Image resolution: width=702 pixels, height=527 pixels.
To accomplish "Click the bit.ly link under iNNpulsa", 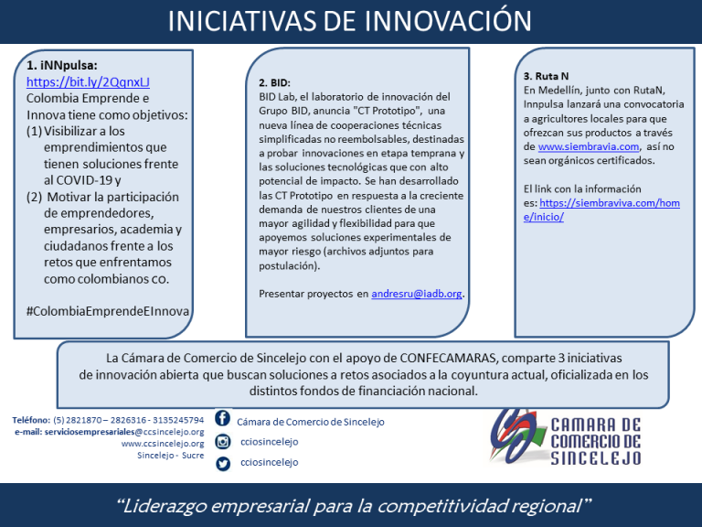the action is [x=88, y=82].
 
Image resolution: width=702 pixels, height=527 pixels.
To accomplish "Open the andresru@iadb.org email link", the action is [x=417, y=294].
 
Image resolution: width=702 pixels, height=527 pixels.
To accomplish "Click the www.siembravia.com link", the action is [x=589, y=146].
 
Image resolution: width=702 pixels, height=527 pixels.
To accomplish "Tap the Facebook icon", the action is [x=222, y=417].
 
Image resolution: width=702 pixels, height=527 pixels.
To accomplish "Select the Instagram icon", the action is [x=223, y=441].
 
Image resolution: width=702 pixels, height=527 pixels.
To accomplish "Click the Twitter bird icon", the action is [x=223, y=463].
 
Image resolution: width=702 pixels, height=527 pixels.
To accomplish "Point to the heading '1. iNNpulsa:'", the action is [x=62, y=66].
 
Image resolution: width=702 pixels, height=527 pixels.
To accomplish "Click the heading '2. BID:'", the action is [x=274, y=83].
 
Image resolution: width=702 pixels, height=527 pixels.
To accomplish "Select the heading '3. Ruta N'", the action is [x=546, y=76].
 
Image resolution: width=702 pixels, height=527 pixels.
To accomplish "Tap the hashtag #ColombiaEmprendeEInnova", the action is [x=108, y=311].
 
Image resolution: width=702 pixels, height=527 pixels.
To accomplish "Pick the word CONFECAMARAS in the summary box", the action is [x=448, y=358].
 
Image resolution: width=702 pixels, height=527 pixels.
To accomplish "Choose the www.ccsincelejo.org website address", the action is [x=163, y=444].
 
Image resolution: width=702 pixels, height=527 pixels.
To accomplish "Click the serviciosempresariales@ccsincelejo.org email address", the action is [x=124, y=432].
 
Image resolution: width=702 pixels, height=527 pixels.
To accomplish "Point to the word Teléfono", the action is [x=31, y=420].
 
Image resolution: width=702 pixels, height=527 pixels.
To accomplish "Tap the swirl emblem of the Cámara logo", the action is [x=516, y=436].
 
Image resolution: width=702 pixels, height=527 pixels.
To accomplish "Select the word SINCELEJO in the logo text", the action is [x=595, y=458].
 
